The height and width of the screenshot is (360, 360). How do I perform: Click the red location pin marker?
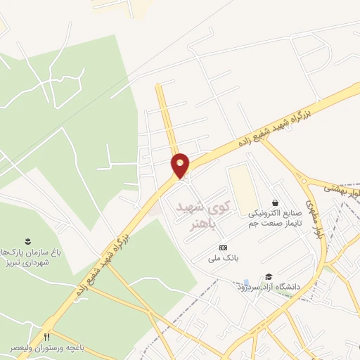(181, 165)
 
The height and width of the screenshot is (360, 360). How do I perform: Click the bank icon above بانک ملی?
(224, 247)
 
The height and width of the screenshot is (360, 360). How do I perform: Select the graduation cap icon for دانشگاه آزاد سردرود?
(268, 276)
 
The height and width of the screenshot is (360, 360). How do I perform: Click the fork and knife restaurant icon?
(48, 336)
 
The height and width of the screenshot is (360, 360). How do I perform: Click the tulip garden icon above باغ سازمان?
(28, 241)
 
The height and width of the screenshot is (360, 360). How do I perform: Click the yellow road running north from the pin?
(167, 112)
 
